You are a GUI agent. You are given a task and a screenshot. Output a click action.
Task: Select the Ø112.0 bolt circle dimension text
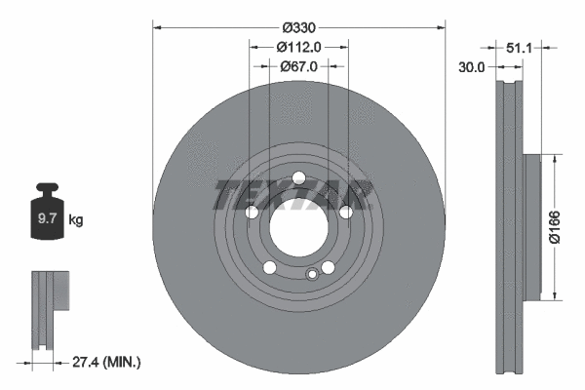coord(298,47)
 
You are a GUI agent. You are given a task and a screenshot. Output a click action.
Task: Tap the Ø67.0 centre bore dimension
coord(298,66)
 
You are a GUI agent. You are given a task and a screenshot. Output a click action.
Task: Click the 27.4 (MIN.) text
coord(107,362)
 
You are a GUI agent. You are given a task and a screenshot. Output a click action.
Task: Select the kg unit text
coord(77,220)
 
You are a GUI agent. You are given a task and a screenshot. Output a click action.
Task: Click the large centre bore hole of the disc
coord(298,226)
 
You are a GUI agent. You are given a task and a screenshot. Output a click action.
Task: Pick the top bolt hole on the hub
coord(298,176)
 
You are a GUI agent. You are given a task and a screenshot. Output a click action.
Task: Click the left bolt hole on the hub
coord(252,212)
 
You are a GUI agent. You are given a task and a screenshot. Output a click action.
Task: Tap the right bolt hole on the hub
coord(345,212)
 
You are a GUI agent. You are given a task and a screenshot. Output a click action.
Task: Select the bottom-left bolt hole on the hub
coord(269,267)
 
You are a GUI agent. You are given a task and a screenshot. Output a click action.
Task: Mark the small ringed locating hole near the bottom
coord(312,274)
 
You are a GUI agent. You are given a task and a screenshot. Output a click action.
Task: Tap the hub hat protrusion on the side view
coord(531,227)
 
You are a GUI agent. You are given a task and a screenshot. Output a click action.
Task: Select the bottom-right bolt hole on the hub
coord(328,267)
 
